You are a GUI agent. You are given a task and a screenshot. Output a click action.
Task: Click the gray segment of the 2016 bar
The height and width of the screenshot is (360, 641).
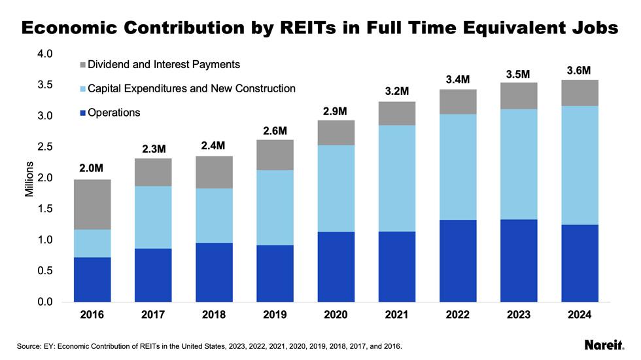click(92, 204)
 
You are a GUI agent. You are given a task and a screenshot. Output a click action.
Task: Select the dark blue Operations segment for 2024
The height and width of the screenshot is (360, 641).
click(580, 263)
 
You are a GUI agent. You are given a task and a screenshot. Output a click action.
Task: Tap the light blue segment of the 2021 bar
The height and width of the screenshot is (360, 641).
click(397, 178)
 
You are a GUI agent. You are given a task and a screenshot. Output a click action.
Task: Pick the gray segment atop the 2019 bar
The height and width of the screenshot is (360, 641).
click(275, 155)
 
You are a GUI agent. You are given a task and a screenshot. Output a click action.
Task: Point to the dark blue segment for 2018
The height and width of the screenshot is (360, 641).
click(214, 272)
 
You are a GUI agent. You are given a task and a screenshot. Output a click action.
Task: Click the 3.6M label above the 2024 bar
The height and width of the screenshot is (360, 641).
click(580, 70)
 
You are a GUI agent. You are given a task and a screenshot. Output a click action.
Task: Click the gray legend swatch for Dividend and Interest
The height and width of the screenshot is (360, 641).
click(82, 65)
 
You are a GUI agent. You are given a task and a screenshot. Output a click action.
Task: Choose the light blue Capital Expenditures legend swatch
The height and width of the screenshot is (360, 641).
click(82, 88)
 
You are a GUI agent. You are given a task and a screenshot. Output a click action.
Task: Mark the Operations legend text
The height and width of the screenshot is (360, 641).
click(114, 113)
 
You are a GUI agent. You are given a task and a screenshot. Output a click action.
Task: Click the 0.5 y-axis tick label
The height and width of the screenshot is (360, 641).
click(44, 271)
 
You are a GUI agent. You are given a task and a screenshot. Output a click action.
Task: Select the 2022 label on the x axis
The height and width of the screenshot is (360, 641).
click(458, 315)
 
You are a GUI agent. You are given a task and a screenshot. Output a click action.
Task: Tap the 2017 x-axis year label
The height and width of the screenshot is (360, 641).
click(153, 315)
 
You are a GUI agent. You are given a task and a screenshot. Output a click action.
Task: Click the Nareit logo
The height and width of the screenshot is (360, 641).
click(602, 345)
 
